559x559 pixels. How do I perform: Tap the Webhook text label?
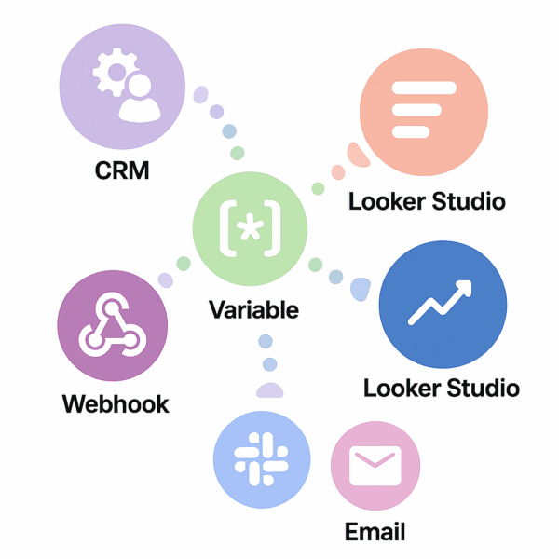pyautogui.click(x=116, y=404)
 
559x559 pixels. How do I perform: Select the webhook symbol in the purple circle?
pyautogui.click(x=112, y=327)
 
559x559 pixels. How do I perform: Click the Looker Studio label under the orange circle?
pyautogui.click(x=427, y=201)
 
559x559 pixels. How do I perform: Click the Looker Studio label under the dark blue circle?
pyautogui.click(x=442, y=388)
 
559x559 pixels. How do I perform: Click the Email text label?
pyautogui.click(x=375, y=533)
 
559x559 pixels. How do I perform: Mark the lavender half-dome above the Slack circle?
pyautogui.click(x=270, y=391)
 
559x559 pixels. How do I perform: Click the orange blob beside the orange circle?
pyautogui.click(x=354, y=155)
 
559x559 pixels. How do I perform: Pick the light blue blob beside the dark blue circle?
pyautogui.click(x=360, y=290)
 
